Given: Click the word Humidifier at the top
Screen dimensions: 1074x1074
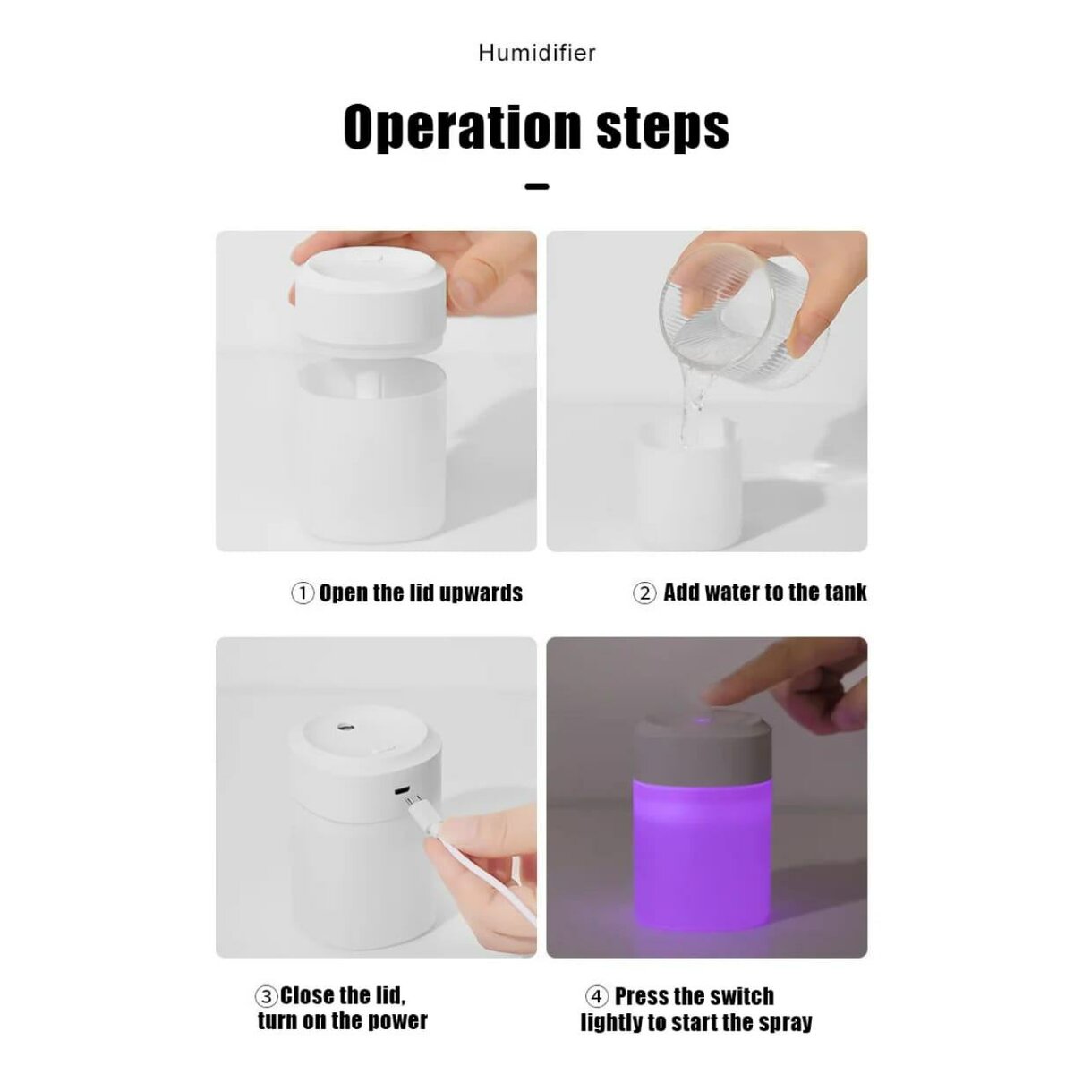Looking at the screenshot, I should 536,53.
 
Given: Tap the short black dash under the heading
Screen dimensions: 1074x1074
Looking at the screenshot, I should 536,187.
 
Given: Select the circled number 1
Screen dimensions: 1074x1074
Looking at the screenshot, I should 303,593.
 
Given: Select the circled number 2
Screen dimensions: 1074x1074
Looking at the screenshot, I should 644,593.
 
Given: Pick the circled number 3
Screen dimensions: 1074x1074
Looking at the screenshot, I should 267,996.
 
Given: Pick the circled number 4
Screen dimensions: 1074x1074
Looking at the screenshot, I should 597,997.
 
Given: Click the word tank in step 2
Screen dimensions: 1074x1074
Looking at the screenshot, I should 845,592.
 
